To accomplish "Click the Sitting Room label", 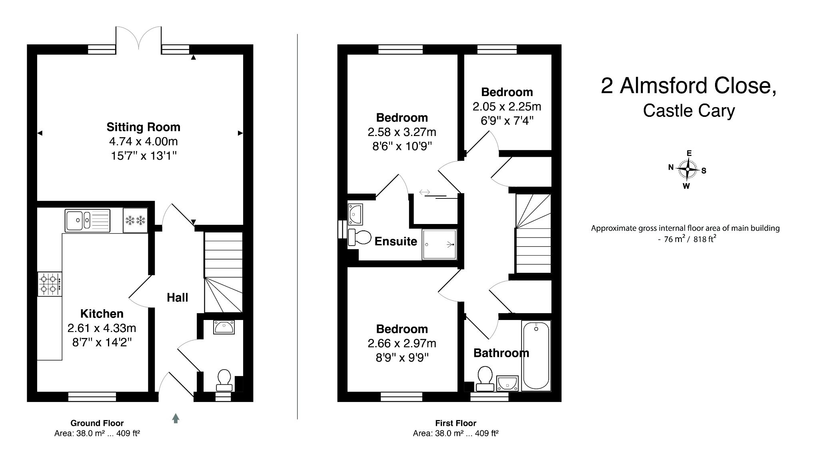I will (x=143, y=127).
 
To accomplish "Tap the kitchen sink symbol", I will (x=88, y=220).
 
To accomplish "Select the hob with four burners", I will (x=50, y=284).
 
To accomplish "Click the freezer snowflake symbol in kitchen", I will (x=135, y=220).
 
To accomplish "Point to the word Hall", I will (x=177, y=298).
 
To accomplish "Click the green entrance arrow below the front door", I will (x=176, y=418).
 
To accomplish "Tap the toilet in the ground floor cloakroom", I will (x=224, y=380).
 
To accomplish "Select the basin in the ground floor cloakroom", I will (x=224, y=327).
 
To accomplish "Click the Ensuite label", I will (x=396, y=241).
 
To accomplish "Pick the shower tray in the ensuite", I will (x=439, y=244).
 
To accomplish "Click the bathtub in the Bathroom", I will (x=536, y=355).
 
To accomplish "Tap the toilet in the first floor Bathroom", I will (x=485, y=378).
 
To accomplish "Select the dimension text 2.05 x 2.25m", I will (x=507, y=107).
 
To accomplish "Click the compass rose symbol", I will (x=687, y=169).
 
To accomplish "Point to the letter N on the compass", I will (x=671, y=168).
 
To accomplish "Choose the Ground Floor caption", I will (x=97, y=423).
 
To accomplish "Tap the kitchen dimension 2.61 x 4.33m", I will (x=102, y=328).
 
